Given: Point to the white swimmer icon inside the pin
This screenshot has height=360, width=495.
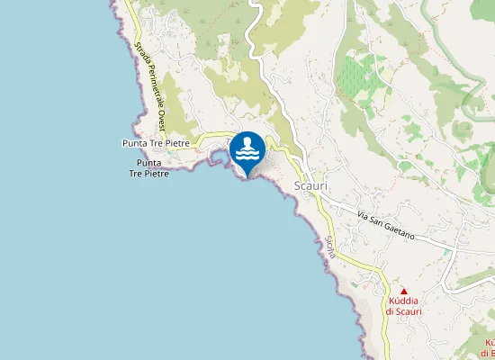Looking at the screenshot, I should (247, 151).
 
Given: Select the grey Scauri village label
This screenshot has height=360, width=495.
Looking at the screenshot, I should (310, 185).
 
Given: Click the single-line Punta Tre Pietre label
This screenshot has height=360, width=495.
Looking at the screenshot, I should (156, 143).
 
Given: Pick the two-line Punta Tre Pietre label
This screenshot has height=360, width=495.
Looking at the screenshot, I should (149, 167).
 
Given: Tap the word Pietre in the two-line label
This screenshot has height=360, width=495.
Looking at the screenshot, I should (149, 173).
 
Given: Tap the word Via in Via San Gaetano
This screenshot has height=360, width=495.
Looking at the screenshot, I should (363, 217).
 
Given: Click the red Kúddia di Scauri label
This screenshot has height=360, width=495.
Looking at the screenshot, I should (403, 306).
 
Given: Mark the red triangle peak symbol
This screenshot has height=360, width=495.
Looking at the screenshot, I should (403, 291).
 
